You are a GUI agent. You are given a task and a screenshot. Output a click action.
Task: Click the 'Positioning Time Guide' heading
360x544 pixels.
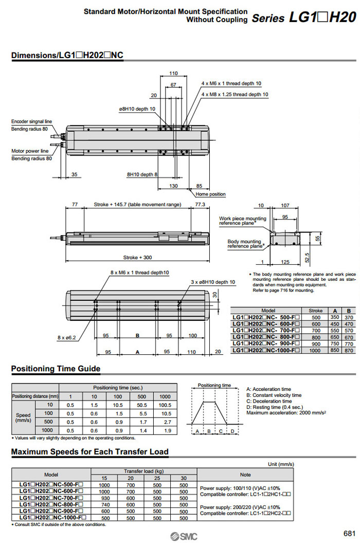[x=56, y=369]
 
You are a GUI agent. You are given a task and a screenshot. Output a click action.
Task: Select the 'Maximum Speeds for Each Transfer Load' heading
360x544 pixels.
[x=90, y=452]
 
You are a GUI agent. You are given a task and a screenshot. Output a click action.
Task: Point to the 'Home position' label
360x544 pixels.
[x=210, y=194]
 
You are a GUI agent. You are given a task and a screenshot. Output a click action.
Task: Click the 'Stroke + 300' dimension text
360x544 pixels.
[x=138, y=257]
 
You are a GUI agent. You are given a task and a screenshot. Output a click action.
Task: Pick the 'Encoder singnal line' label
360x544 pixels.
[x=31, y=121]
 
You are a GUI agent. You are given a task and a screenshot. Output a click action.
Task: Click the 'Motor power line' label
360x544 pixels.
[x=30, y=151]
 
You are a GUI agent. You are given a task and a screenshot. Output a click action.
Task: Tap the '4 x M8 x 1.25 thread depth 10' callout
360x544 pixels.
[x=235, y=94]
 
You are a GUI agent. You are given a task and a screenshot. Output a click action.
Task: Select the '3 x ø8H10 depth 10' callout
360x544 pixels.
[x=213, y=282]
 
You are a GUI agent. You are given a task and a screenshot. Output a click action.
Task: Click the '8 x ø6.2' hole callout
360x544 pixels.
[x=65, y=338]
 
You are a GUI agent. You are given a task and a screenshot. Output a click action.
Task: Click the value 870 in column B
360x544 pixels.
[x=349, y=350]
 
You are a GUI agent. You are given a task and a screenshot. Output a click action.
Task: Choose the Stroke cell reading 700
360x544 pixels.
[x=315, y=330]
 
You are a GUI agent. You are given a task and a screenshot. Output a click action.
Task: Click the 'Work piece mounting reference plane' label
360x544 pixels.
[x=243, y=221]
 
